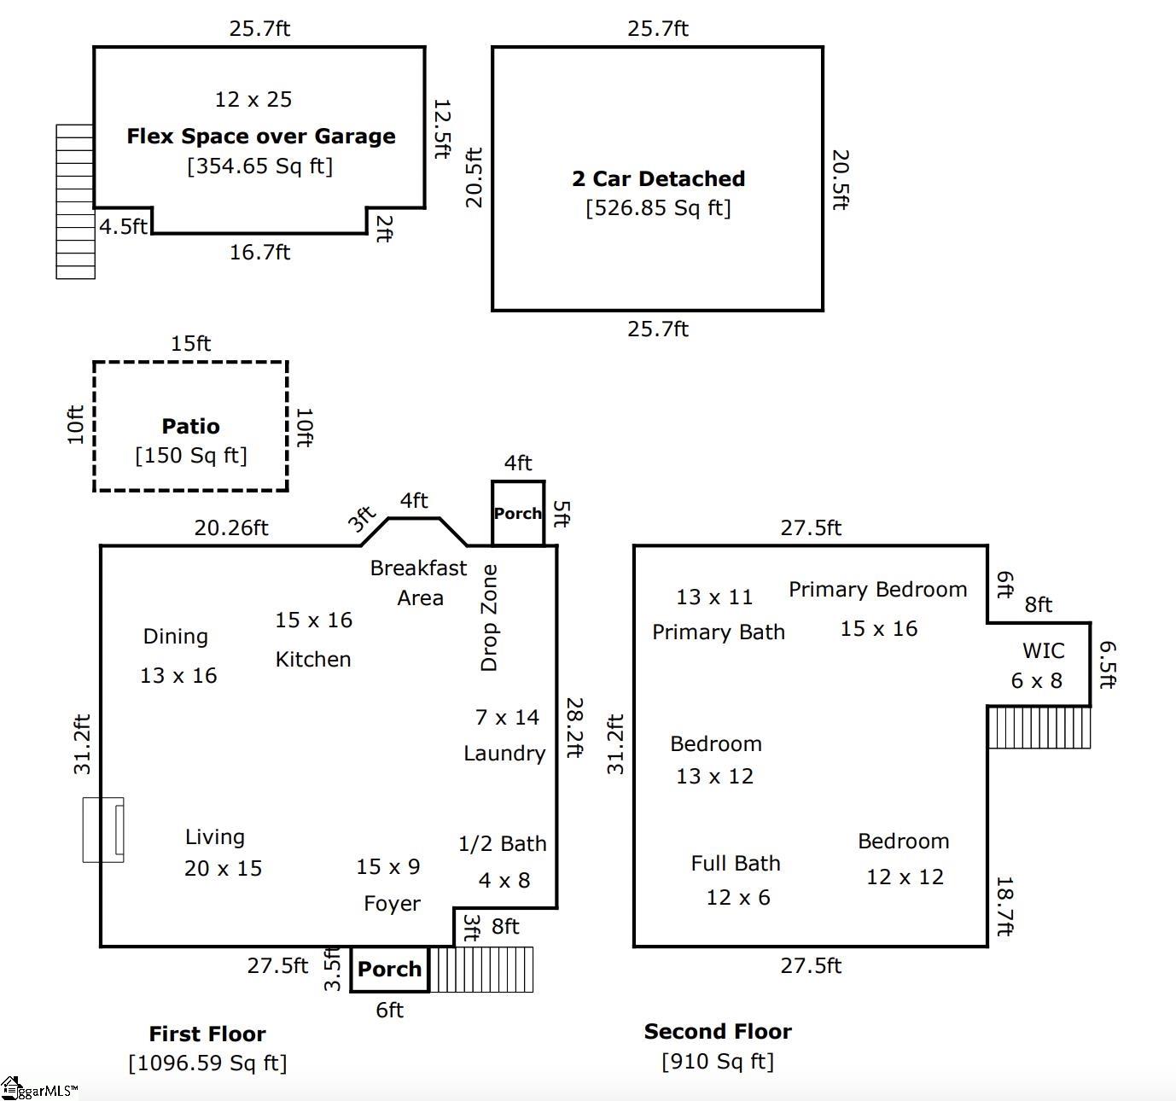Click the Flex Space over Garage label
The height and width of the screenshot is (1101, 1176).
260,137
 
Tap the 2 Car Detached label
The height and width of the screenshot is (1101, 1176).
658,179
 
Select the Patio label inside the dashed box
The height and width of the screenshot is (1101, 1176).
190,426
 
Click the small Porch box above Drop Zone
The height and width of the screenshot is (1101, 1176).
517,513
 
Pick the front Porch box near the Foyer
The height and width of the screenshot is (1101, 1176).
389,970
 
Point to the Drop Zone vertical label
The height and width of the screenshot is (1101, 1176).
489,617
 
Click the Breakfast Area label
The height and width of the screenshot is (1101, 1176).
418,582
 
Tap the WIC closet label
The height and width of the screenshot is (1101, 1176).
1043,650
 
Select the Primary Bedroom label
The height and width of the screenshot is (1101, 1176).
877,590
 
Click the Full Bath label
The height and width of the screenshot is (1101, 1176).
736,864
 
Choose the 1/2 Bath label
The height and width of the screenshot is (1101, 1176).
502,844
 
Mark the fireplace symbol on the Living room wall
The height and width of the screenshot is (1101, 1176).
103,830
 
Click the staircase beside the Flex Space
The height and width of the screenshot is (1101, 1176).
75,201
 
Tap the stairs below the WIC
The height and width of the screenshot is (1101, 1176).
1039,727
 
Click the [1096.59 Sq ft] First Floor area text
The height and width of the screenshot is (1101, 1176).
207,1063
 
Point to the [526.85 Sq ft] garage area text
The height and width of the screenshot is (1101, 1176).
658,208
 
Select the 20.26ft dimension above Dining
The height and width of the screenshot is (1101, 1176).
230,528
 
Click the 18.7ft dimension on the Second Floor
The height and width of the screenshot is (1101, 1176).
1004,906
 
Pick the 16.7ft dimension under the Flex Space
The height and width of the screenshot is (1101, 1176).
259,253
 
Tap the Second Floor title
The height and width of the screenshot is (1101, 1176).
718,1032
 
